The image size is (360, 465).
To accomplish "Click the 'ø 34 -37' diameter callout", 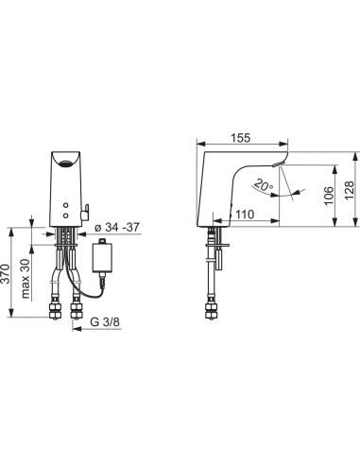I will point(119,227).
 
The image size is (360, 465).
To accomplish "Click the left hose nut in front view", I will point(53,309).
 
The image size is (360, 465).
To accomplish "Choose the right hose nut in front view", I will point(75,309).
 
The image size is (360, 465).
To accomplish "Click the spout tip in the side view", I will point(283,163).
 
